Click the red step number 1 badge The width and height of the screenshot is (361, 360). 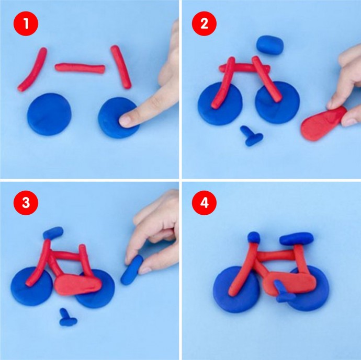[26, 24]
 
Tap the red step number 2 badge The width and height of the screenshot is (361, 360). [204, 24]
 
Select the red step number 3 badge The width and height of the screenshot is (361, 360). [26, 203]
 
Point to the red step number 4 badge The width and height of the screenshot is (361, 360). [204, 203]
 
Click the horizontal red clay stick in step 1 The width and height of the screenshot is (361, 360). [80, 68]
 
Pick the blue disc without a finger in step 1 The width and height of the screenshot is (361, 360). [49, 114]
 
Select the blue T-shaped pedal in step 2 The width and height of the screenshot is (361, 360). [252, 136]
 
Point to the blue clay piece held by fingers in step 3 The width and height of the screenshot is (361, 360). [132, 270]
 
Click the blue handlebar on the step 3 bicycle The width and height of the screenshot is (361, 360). [53, 233]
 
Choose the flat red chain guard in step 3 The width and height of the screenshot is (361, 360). [78, 284]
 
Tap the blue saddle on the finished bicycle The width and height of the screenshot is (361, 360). [297, 239]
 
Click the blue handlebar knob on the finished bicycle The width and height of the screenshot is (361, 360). [254, 237]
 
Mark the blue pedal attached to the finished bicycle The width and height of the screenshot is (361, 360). [284, 292]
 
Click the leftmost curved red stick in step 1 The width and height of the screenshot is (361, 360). [32, 69]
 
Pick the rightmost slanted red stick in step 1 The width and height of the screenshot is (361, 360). [121, 67]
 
